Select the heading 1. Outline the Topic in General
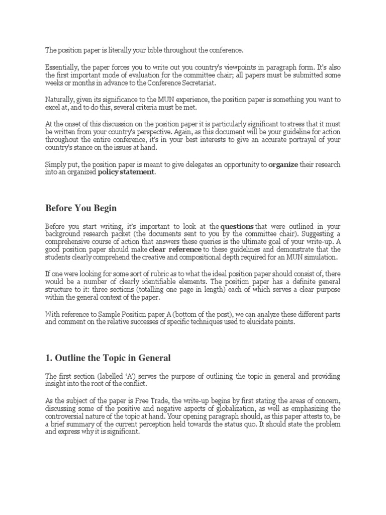[108, 358]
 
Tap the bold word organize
[284, 164]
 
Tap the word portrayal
[297, 139]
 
